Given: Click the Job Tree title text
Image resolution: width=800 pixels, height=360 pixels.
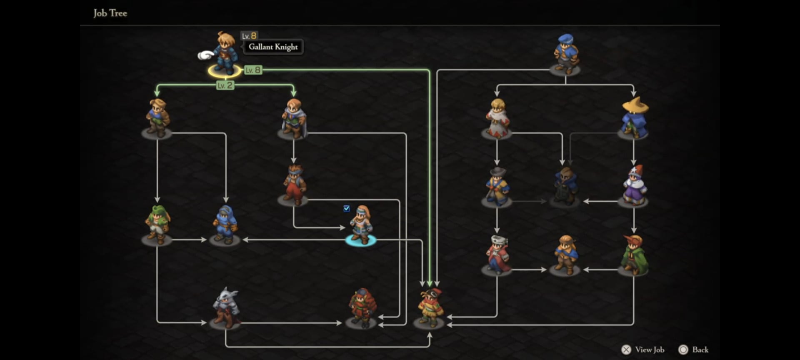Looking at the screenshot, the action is click(x=110, y=13).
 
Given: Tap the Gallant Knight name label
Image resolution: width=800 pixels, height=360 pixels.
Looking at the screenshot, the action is click(x=273, y=47).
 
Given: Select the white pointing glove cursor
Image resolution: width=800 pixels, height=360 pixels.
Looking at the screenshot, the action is click(x=206, y=55).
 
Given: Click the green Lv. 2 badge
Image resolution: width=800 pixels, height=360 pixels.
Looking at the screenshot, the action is click(x=225, y=85).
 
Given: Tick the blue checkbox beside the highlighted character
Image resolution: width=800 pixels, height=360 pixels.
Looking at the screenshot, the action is click(x=347, y=208).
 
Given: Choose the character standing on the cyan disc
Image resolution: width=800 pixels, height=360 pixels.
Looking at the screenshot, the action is click(x=361, y=225).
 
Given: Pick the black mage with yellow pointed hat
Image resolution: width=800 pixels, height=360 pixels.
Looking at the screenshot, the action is click(x=634, y=117).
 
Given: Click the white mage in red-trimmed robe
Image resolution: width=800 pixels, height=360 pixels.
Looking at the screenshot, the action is click(x=497, y=118).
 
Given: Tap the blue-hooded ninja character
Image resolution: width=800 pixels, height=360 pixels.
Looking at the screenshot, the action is click(x=225, y=225).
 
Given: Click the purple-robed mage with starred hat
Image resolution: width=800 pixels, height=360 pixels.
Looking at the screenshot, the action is click(x=634, y=186).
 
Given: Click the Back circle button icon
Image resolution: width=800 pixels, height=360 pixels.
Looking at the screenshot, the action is click(x=683, y=350).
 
